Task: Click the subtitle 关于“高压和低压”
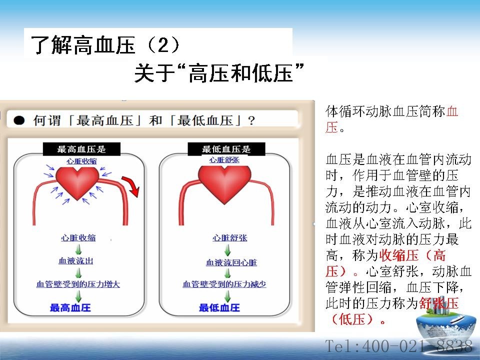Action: [x=219, y=73]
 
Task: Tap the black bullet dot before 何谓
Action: [x=19, y=120]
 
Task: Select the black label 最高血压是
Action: [x=81, y=149]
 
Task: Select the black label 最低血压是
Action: [x=226, y=149]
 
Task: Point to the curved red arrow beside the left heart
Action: [x=131, y=185]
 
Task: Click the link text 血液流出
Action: [x=76, y=261]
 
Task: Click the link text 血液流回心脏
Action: [x=231, y=262]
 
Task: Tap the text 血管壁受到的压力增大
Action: [x=78, y=284]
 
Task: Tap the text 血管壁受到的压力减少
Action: [x=224, y=284]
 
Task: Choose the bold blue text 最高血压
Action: [x=70, y=307]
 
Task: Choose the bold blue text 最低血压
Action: [x=219, y=307]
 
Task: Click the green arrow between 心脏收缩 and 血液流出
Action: [x=78, y=249]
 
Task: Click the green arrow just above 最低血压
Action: [x=227, y=296]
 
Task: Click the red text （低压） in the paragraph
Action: [x=352, y=319]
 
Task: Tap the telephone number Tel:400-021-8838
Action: [x=398, y=346]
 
